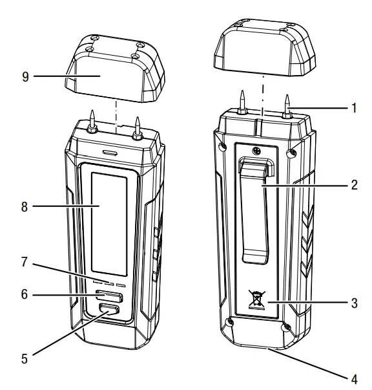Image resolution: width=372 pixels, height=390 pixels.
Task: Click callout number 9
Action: (x=25, y=77)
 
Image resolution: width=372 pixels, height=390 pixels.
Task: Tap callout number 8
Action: (x=25, y=207)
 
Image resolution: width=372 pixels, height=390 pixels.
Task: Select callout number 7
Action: (x=25, y=262)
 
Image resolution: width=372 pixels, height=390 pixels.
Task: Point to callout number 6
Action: (x=25, y=294)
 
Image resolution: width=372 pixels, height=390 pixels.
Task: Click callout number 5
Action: (x=25, y=359)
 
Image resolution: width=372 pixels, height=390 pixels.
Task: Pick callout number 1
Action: (x=355, y=108)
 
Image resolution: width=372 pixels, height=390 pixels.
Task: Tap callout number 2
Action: (x=355, y=185)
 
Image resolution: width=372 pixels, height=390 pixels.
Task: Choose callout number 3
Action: (x=355, y=303)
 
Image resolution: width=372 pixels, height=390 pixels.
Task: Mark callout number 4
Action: (x=355, y=380)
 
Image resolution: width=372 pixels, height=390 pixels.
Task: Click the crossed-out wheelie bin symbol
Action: (x=257, y=299)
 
